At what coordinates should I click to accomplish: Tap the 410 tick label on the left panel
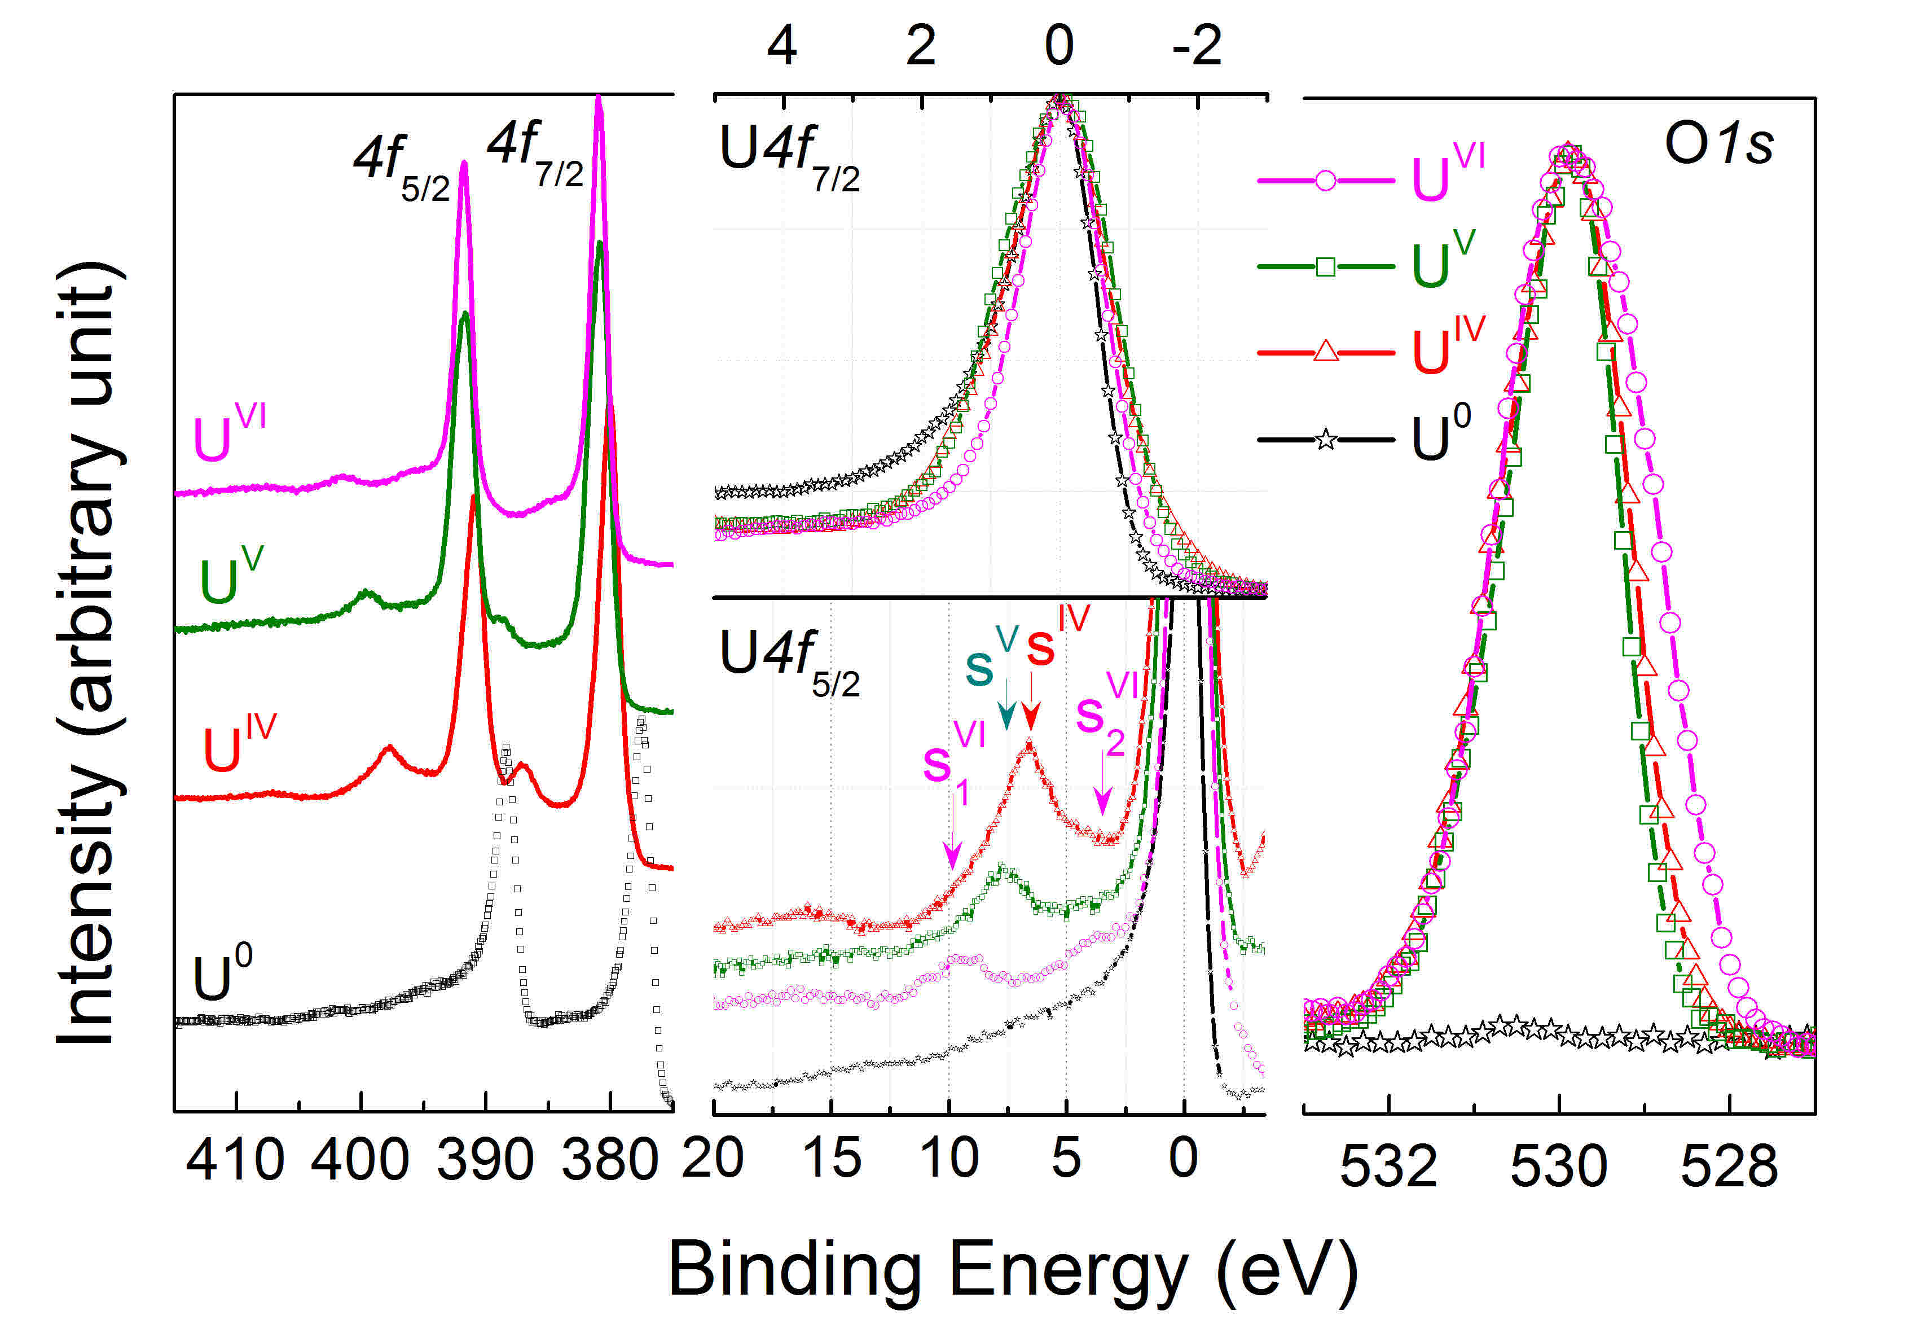[x=235, y=1160]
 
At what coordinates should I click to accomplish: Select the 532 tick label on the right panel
[x=1388, y=1166]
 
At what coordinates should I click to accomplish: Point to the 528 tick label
[x=1729, y=1166]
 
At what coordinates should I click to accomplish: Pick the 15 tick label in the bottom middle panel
[x=832, y=1157]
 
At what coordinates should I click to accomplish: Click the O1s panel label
[x=1718, y=144]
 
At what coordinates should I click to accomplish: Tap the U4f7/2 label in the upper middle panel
[x=789, y=158]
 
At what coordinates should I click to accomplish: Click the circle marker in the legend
[x=1326, y=181]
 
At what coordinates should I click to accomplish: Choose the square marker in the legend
[x=1326, y=267]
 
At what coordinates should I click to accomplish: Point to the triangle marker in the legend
[x=1326, y=352]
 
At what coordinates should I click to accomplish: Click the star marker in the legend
[x=1326, y=439]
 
